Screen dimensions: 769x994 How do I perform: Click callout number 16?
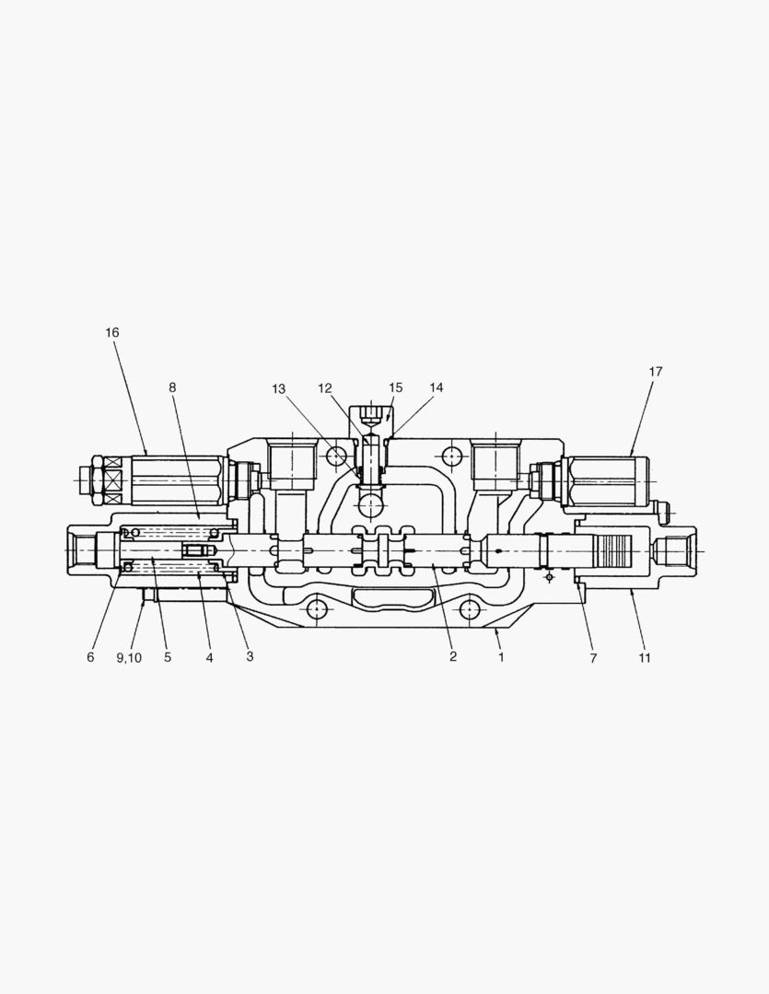tap(112, 332)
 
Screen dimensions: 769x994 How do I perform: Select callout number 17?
tap(656, 372)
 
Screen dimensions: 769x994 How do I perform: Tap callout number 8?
tap(172, 387)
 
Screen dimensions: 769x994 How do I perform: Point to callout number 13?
tap(278, 389)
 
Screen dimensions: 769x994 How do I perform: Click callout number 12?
tap(325, 388)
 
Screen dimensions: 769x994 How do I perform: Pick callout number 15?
tap(395, 387)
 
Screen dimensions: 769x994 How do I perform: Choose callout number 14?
tap(436, 387)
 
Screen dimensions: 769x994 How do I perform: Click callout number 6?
tap(90, 657)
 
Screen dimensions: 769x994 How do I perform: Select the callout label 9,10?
tap(129, 658)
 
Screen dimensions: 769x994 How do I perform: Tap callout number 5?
tap(168, 657)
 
